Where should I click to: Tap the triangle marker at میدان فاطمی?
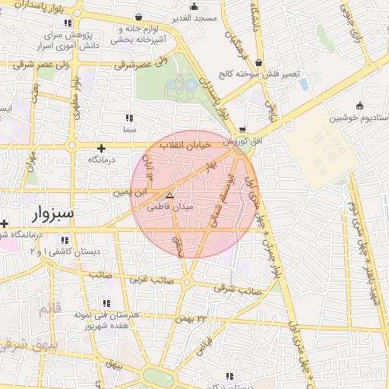click(169, 196)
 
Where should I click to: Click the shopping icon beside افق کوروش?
click(242, 130)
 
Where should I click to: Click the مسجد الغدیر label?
click(195, 17)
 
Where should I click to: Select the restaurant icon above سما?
click(129, 118)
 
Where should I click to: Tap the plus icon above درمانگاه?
click(100, 148)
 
